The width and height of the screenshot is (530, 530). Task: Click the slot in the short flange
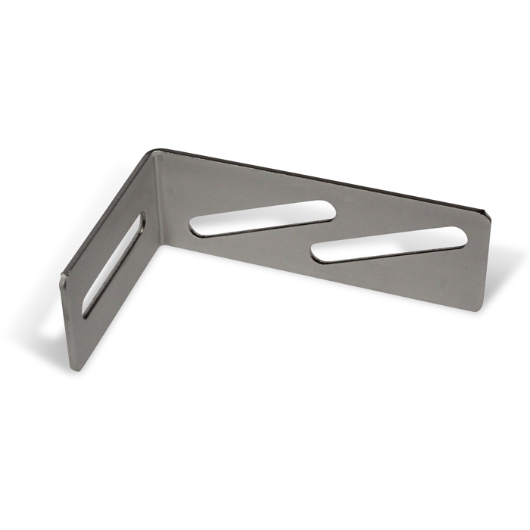[112, 263]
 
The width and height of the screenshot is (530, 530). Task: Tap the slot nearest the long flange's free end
[390, 244]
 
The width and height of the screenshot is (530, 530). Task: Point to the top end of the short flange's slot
[138, 220]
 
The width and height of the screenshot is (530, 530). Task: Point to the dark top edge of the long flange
[318, 177]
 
